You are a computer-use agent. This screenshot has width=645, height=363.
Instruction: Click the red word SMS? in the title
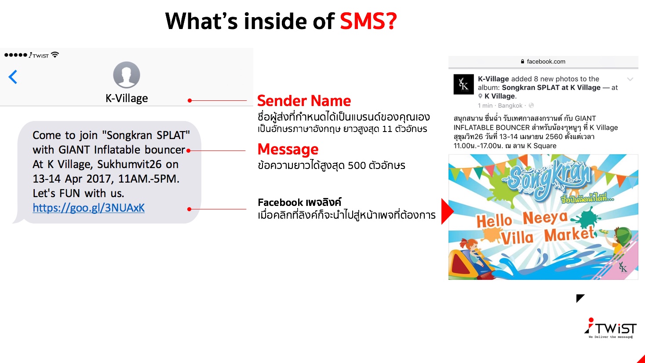click(368, 21)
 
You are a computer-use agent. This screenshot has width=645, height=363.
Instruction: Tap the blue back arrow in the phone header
click(13, 77)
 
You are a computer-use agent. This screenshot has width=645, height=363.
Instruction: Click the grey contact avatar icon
click(127, 75)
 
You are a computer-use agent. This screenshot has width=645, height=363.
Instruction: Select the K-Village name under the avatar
click(127, 98)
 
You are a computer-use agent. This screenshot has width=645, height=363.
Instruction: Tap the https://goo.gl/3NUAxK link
click(88, 208)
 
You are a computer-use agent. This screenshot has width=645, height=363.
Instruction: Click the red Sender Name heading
click(304, 101)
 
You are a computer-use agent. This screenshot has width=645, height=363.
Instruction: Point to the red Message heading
click(288, 149)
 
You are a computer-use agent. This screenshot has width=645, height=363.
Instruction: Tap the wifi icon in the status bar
click(55, 55)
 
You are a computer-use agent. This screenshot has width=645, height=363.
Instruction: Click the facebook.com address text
click(546, 61)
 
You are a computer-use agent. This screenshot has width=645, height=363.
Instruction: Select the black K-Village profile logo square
click(463, 84)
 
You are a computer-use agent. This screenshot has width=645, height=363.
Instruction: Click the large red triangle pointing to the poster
click(448, 211)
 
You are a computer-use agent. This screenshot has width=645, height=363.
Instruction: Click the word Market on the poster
click(569, 234)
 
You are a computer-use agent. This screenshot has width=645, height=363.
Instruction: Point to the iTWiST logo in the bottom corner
click(610, 328)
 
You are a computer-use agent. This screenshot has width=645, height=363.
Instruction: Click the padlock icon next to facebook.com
click(522, 61)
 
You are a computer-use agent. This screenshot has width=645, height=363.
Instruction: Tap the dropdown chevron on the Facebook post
click(630, 79)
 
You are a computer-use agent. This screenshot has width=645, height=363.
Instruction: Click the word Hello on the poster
click(494, 221)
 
